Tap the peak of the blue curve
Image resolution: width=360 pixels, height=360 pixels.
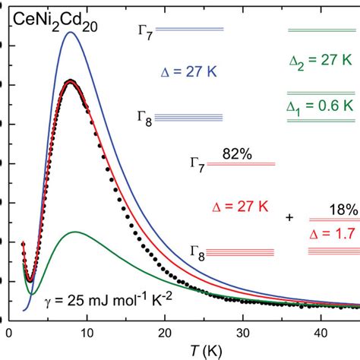(70, 32)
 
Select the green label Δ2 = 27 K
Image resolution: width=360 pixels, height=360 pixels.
(321, 60)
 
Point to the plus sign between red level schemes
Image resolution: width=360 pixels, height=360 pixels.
(289, 218)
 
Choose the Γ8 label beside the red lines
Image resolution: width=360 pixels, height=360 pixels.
(200, 252)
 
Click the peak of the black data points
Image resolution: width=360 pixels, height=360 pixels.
(70, 81)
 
